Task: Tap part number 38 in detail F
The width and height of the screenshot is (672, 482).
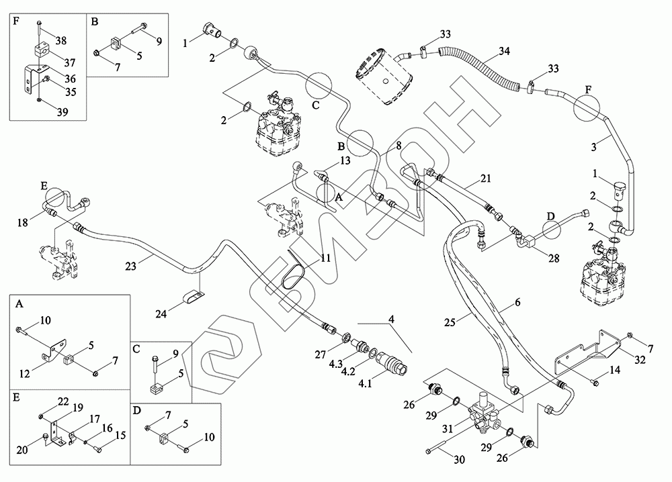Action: pyautogui.click(x=60, y=41)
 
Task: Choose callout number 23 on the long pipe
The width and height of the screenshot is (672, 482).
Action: pyautogui.click(x=132, y=266)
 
